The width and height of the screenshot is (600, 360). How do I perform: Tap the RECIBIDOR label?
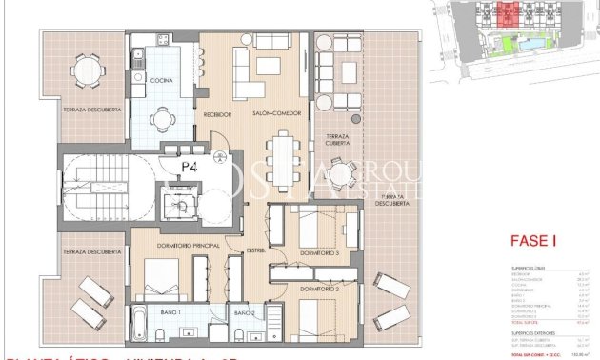tap(218, 114)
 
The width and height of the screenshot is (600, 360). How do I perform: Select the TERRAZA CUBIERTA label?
tap(339, 143)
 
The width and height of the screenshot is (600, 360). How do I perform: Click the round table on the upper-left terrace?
tap(87, 69)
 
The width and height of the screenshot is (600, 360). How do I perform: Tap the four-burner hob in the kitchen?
tap(160, 39)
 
